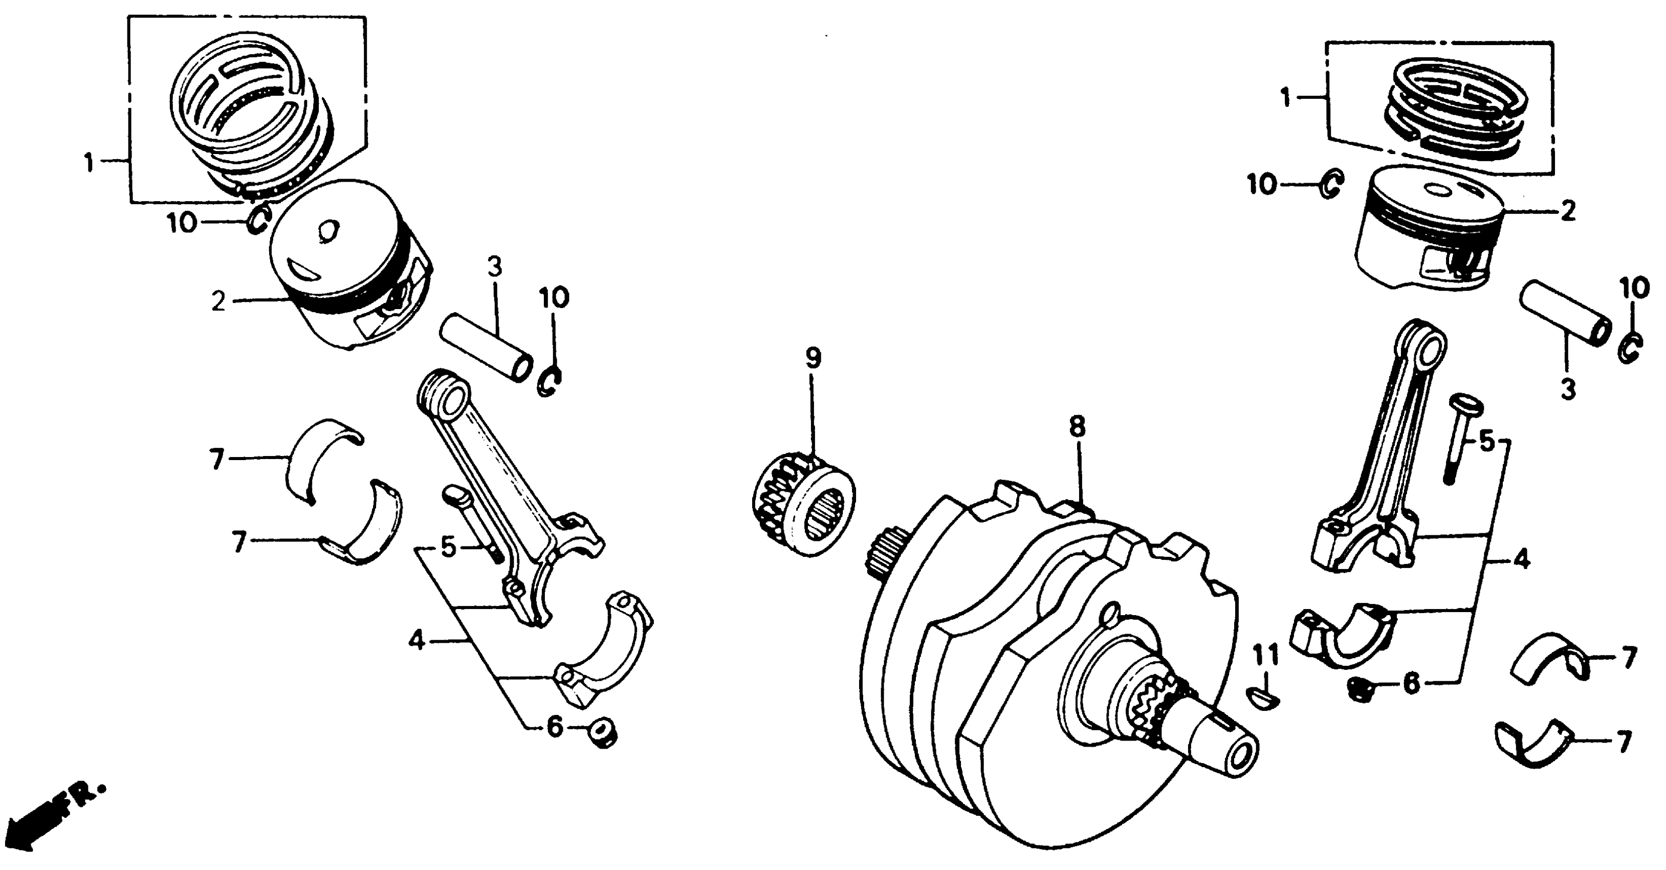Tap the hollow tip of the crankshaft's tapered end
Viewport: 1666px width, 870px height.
[x=1242, y=753]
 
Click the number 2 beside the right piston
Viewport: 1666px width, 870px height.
[x=1568, y=211]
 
